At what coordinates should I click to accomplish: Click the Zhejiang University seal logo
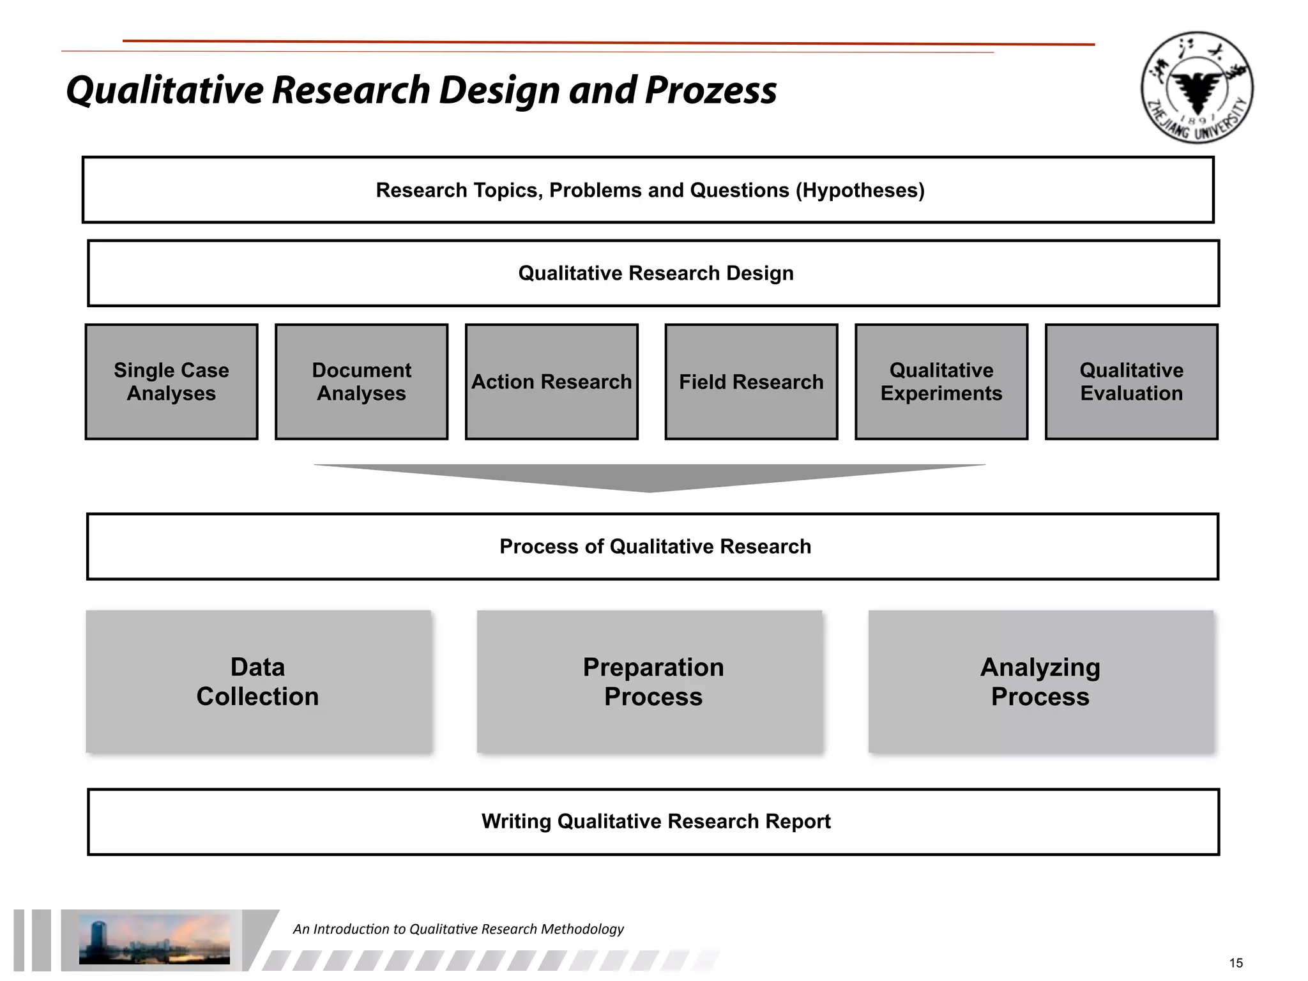(1197, 87)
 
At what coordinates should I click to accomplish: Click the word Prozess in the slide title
(710, 90)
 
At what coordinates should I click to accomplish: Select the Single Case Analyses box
(171, 382)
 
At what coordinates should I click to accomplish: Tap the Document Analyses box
(361, 382)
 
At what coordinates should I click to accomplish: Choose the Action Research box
(552, 382)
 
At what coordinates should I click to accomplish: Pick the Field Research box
(751, 382)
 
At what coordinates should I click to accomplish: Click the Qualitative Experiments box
(941, 382)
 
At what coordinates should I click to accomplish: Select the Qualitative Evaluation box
(1131, 382)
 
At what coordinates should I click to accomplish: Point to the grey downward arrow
(650, 476)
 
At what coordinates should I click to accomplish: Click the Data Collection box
(258, 681)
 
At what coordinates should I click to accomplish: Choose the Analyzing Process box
(1040, 681)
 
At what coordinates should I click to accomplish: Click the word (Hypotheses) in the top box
(860, 190)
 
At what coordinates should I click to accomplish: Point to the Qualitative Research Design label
(656, 273)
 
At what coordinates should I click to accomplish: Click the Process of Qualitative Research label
(655, 547)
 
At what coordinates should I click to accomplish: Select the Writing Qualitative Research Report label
(656, 821)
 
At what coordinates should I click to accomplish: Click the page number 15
(1236, 963)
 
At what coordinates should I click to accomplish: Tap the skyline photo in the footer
(154, 939)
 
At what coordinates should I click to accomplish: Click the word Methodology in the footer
(582, 929)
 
